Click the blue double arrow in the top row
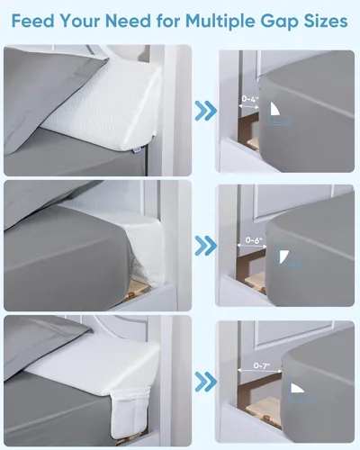click(x=205, y=112)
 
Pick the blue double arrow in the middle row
click(x=205, y=244)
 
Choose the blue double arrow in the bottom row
click(x=205, y=379)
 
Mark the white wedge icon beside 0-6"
click(x=284, y=257)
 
